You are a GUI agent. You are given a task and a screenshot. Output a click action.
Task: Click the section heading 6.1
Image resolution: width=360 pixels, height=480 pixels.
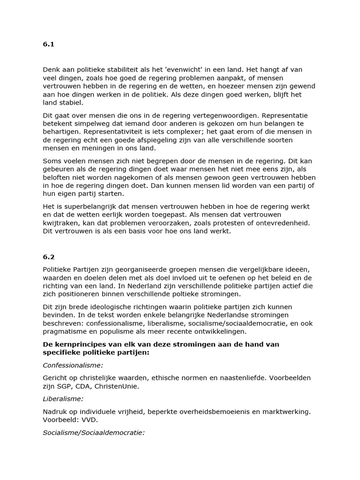pyautogui.click(x=49, y=45)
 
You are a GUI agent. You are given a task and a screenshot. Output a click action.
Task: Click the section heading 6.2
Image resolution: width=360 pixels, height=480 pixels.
pyautogui.click(x=49, y=257)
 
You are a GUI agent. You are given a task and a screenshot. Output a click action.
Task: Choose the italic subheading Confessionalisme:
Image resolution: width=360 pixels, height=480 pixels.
pyautogui.click(x=73, y=365)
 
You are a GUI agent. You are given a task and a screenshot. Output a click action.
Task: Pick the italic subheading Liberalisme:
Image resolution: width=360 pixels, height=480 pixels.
pyautogui.click(x=63, y=398)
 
